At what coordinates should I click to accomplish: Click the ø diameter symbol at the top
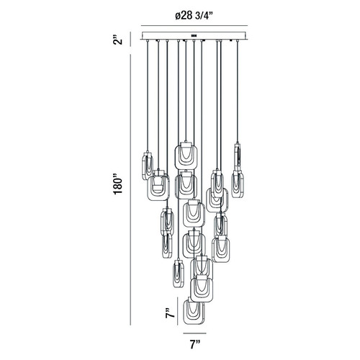pos(178,16)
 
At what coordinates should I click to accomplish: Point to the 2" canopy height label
pos(118,40)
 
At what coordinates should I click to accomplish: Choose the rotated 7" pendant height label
pos(169,313)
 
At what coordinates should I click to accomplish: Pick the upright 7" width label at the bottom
pos(195,345)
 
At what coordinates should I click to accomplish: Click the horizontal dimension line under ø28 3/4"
pos(194,25)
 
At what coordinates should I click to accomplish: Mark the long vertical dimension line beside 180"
pos(130,189)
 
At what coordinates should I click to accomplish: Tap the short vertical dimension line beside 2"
pos(130,39)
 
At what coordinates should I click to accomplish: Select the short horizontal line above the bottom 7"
pos(194,333)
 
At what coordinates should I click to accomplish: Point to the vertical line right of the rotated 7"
pos(178,311)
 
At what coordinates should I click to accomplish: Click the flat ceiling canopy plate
pos(194,35)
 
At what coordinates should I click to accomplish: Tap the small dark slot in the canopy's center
pos(194,35)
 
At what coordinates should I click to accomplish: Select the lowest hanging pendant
pos(194,311)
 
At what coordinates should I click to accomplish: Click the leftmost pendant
pos(148,166)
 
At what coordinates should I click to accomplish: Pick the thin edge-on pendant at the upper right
pos(238,157)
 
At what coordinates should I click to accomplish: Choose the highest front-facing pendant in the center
pos(186,156)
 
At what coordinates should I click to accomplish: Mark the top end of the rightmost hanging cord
pos(238,41)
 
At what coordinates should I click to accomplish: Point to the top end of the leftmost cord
pos(148,41)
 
